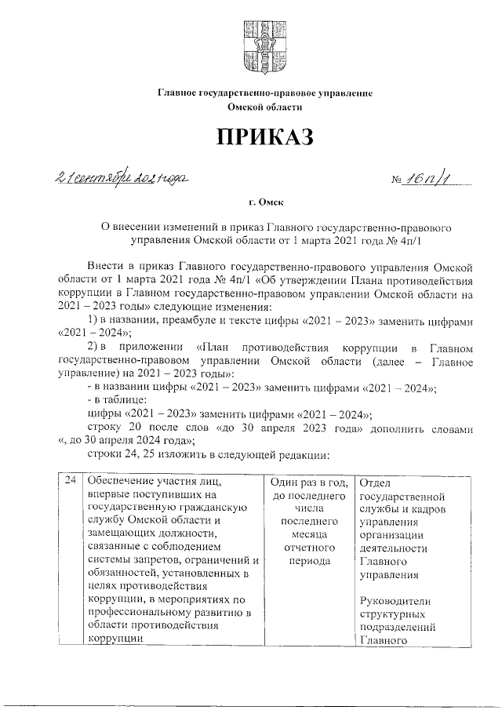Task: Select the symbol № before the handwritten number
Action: click(396, 182)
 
